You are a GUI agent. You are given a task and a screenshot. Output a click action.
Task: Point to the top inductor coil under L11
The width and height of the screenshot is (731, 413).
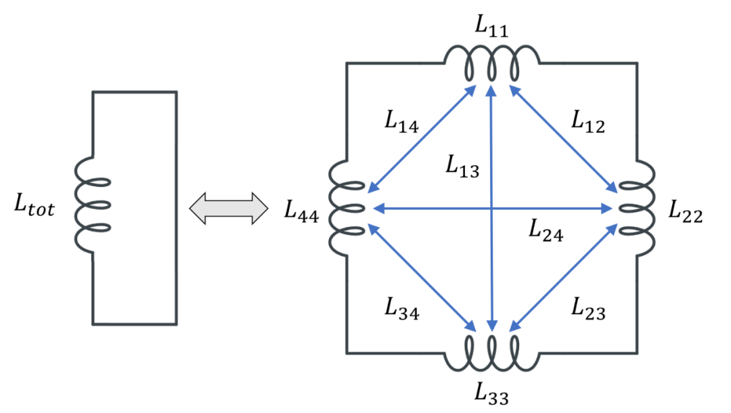pos(491,64)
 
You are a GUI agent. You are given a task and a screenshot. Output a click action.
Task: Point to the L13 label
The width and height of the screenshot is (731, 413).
pos(462,166)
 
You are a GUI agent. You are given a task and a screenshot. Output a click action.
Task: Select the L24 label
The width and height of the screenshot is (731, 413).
pos(546,232)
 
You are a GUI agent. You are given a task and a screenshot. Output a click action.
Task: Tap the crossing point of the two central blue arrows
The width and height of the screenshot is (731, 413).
pos(492,209)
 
